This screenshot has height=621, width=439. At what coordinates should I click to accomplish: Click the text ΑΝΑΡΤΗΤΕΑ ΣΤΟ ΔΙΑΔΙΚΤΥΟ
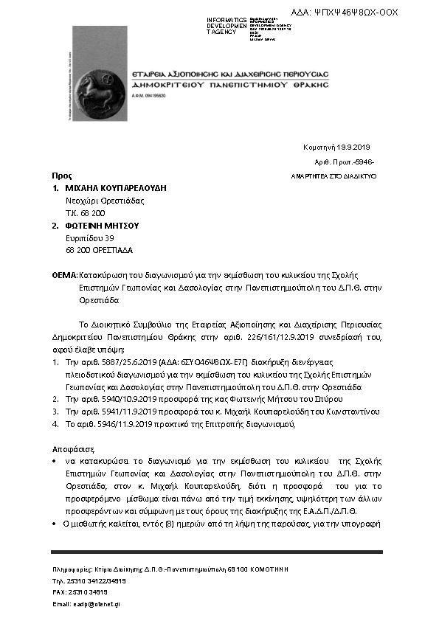point(335,177)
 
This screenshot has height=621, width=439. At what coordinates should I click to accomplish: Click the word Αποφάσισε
point(71,448)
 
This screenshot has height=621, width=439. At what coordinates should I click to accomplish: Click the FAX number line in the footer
point(80,592)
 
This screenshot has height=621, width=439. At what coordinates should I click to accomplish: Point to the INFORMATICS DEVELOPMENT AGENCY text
point(227,25)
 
